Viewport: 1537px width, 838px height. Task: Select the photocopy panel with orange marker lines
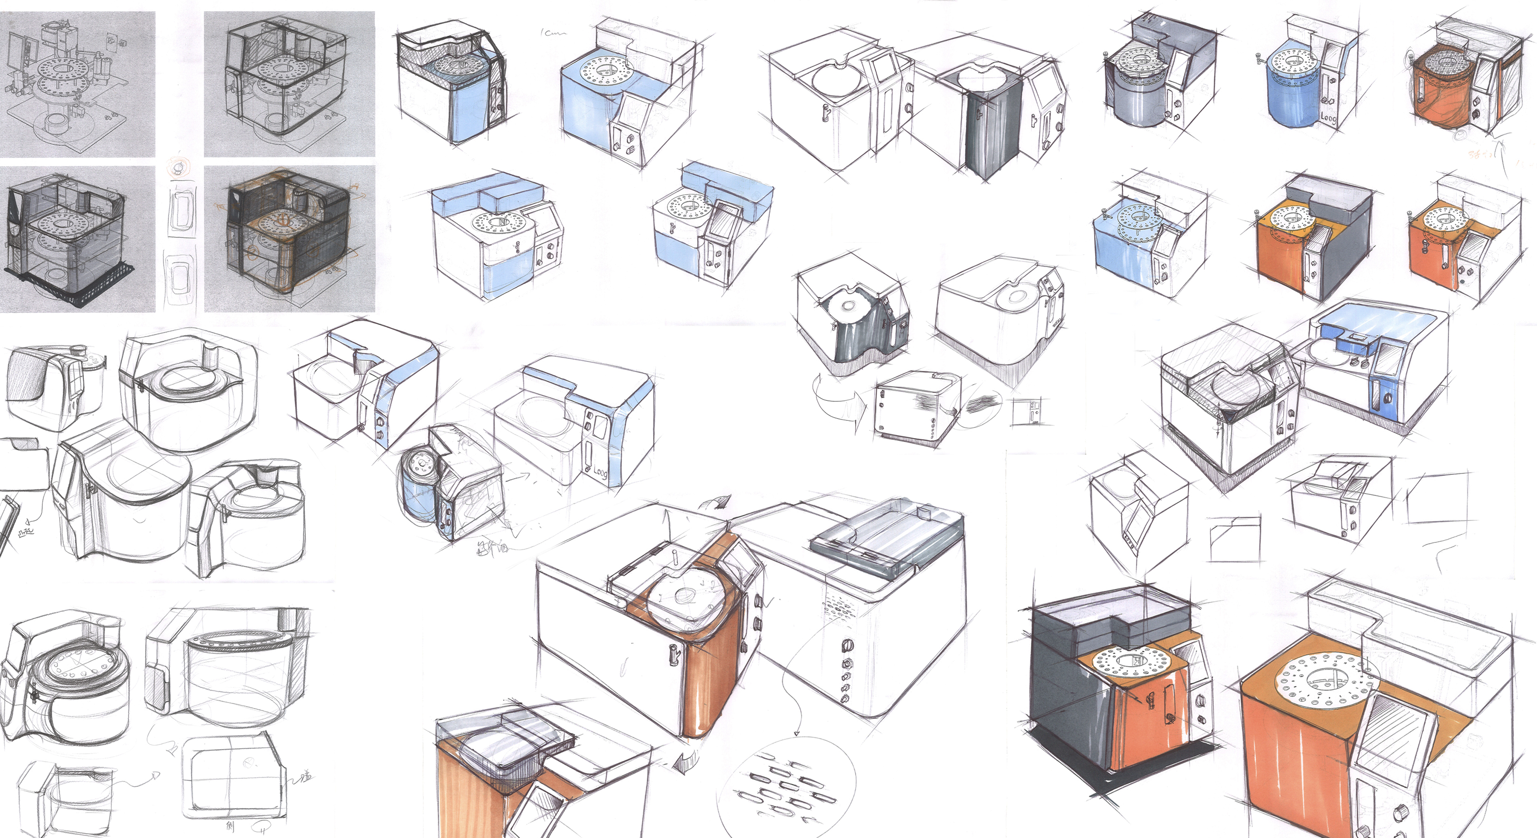[x=289, y=238]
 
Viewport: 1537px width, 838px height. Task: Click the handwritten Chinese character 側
[x=231, y=826]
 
